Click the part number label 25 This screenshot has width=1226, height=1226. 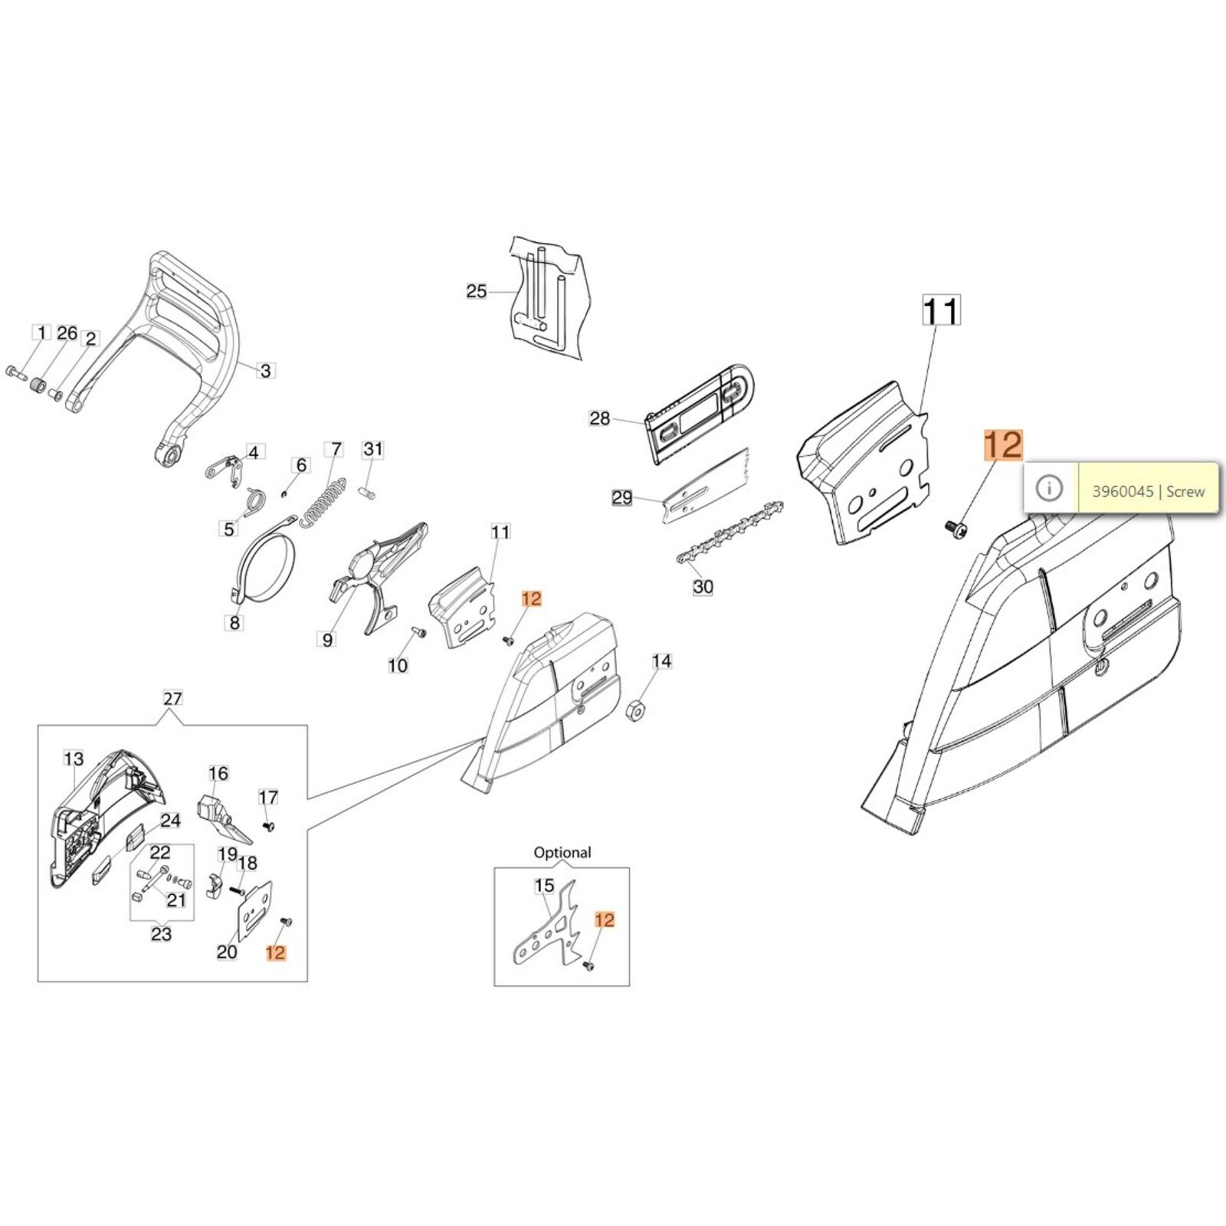(x=476, y=292)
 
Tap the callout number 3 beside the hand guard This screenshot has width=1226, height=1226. (x=265, y=371)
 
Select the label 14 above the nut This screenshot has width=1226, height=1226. (x=661, y=661)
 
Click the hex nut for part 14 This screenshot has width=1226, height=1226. (x=635, y=711)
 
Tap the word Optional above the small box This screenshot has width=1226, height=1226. (x=562, y=852)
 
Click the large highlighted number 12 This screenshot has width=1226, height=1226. (x=1003, y=445)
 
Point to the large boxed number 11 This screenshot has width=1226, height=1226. (x=940, y=312)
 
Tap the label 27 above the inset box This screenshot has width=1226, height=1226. (x=173, y=698)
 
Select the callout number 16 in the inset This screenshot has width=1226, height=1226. (x=218, y=773)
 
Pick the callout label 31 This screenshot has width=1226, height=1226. (x=372, y=448)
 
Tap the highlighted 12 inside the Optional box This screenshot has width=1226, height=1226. (x=605, y=919)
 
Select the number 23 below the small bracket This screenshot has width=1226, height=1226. (x=161, y=934)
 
